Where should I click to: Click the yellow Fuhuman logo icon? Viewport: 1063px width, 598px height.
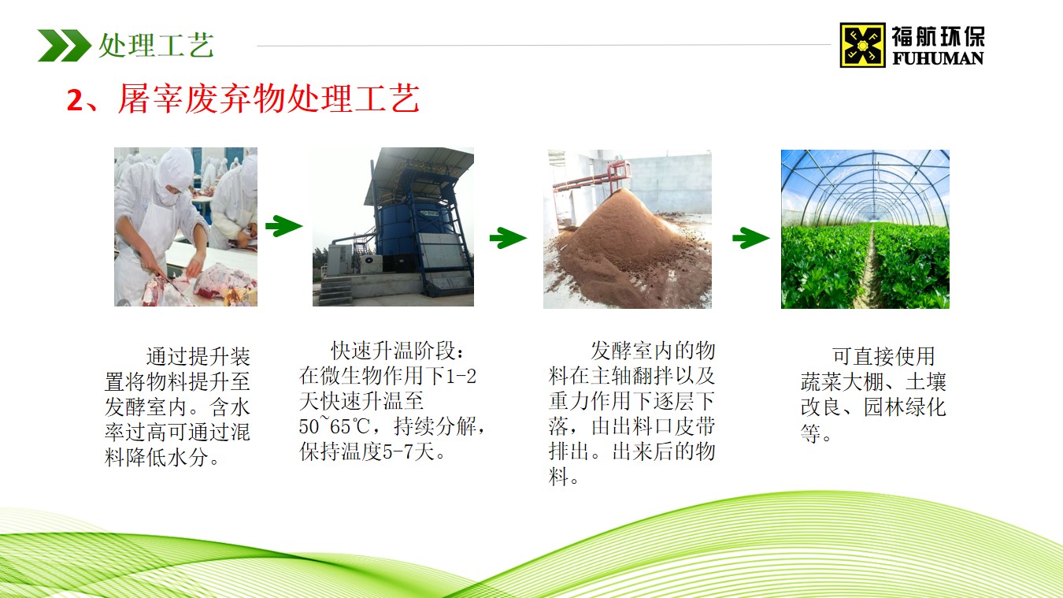tap(862, 44)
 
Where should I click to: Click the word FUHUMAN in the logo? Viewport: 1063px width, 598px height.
tap(938, 58)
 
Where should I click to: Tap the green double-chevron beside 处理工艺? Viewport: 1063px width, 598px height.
tap(64, 45)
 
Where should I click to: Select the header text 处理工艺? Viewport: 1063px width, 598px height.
tap(156, 45)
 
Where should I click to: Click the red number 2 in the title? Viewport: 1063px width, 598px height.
tap(75, 101)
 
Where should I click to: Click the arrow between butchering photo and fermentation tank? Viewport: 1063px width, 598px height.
tap(283, 227)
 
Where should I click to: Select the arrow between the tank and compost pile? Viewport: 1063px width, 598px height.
tap(508, 237)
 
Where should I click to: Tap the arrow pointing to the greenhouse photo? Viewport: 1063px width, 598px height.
tap(750, 237)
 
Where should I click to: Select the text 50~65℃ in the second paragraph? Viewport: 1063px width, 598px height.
tap(331, 428)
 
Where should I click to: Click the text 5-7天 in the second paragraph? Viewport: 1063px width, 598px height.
tap(417, 453)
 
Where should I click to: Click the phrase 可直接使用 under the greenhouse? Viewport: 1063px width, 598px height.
tap(883, 357)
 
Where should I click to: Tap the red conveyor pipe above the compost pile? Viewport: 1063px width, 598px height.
tap(598, 177)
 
